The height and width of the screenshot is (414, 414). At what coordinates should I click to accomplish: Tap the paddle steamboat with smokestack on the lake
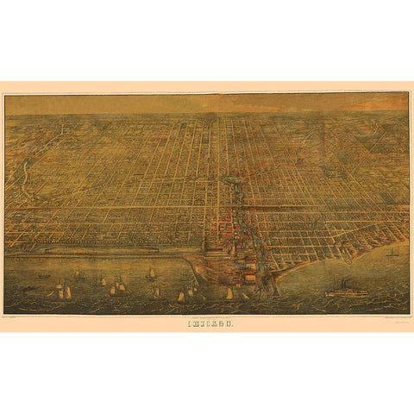(x=347, y=292)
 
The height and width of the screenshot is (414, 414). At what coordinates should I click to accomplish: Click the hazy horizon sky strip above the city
(x=207, y=104)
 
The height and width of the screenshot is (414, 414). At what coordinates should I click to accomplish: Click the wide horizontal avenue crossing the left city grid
(x=103, y=208)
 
